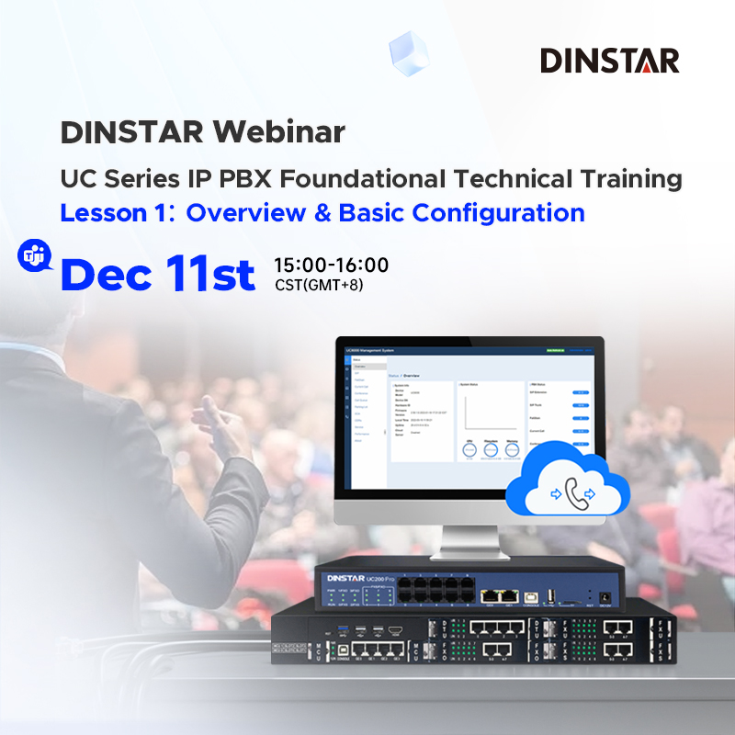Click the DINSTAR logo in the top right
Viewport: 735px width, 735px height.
pos(609,61)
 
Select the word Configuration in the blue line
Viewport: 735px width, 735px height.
pos(498,212)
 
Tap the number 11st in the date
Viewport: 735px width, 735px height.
pos(210,273)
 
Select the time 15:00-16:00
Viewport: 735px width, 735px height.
pos(331,266)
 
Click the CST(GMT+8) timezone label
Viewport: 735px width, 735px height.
pos(319,285)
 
